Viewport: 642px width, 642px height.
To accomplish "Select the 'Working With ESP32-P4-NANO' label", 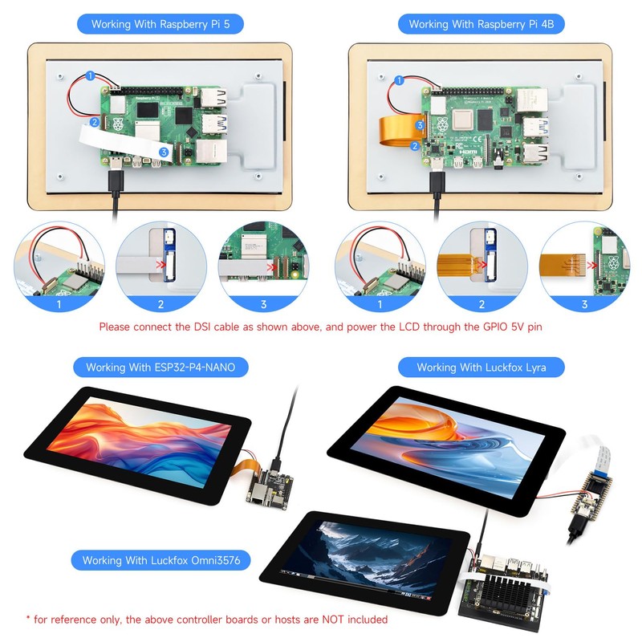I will click(x=160, y=368).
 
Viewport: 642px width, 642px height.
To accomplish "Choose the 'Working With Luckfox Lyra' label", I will click(x=480, y=368).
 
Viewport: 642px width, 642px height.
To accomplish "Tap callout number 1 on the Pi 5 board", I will click(x=90, y=75).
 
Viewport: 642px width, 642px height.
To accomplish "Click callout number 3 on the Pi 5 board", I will click(x=163, y=151).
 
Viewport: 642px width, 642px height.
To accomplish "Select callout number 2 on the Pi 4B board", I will click(x=415, y=146).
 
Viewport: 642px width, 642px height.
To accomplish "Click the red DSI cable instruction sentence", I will click(x=320, y=327).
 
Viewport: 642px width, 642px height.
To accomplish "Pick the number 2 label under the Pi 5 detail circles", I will click(x=160, y=305).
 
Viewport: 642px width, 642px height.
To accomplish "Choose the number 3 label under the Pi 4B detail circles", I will click(x=584, y=305).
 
